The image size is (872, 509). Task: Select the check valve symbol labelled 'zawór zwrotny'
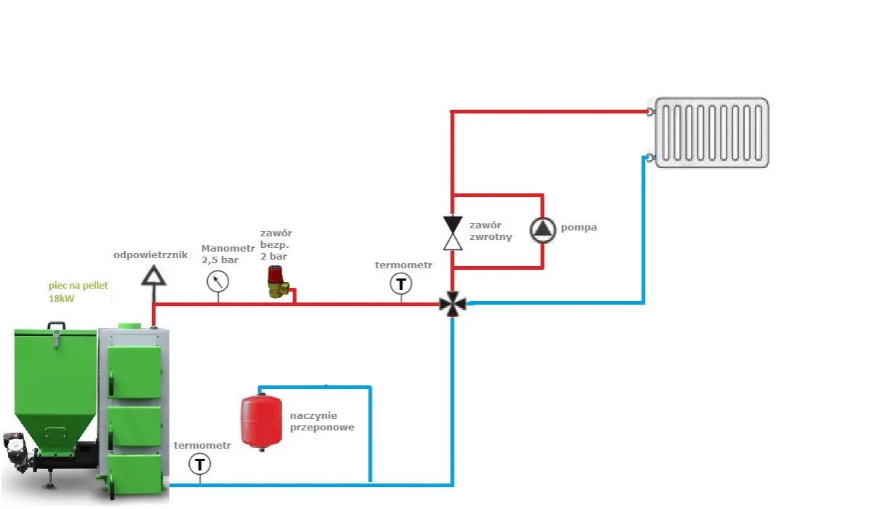point(453,232)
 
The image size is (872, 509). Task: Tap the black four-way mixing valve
point(453,304)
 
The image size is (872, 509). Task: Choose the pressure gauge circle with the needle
point(217,280)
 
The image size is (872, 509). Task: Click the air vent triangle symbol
point(153,274)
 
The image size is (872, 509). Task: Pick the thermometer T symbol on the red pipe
point(401,283)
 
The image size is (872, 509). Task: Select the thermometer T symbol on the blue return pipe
point(199,463)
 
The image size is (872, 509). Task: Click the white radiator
point(711,133)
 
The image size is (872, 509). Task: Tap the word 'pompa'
point(579,228)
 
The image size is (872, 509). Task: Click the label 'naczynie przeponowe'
point(321,421)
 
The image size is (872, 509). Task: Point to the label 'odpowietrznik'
point(151,255)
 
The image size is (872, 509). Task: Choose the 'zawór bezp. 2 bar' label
point(276,245)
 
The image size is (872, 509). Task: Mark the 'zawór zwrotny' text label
point(490,231)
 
